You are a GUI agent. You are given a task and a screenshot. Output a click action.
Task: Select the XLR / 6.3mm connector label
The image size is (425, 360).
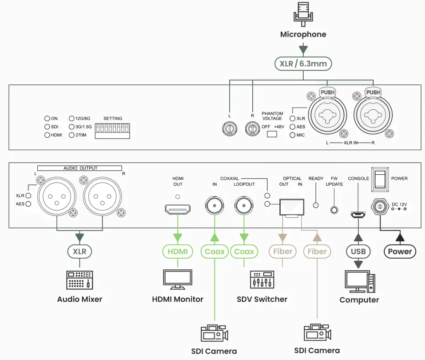[303, 64]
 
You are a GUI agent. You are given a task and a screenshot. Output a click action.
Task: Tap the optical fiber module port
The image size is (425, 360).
[292, 207]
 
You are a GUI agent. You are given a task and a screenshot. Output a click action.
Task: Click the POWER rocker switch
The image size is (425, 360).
[380, 178]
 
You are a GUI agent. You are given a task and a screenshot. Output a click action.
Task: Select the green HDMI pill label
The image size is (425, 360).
[178, 252]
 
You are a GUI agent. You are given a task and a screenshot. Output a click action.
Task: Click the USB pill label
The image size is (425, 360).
[358, 252]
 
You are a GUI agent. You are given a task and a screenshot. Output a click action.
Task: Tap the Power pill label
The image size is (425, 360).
[400, 252]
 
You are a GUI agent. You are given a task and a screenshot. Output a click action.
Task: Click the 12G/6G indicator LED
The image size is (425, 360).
[72, 119]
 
